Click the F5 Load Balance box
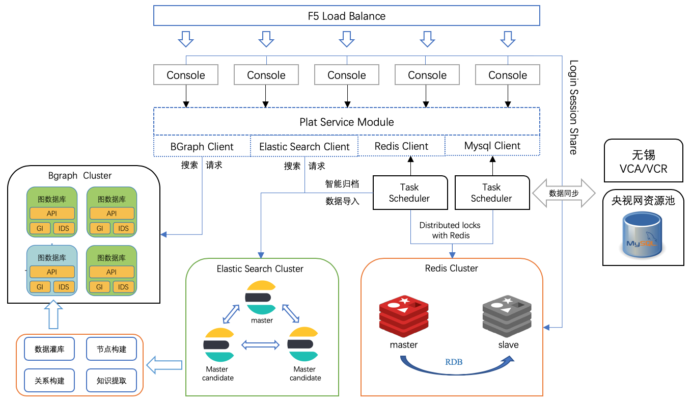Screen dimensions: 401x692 (346, 16)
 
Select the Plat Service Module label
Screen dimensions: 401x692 (346, 122)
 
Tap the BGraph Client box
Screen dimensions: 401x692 (202, 147)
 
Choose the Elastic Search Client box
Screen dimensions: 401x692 (304, 147)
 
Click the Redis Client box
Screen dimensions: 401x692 (401, 146)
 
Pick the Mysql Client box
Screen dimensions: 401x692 (492, 146)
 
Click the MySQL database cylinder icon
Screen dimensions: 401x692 (643, 236)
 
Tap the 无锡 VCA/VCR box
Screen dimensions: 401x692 (643, 161)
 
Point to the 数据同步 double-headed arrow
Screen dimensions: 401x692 (563, 193)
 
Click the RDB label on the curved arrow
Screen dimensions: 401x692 (454, 362)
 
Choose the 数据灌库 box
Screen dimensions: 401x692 (49, 350)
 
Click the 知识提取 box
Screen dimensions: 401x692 (112, 381)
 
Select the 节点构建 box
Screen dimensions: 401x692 (112, 350)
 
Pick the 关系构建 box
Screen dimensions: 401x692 (49, 381)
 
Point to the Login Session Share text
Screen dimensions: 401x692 (573, 107)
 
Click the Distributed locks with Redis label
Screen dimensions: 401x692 (450, 230)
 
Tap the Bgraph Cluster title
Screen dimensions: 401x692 (80, 176)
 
